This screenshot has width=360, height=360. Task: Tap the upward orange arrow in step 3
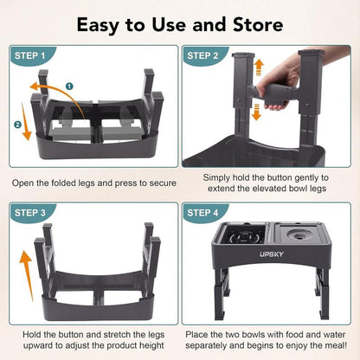25,268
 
